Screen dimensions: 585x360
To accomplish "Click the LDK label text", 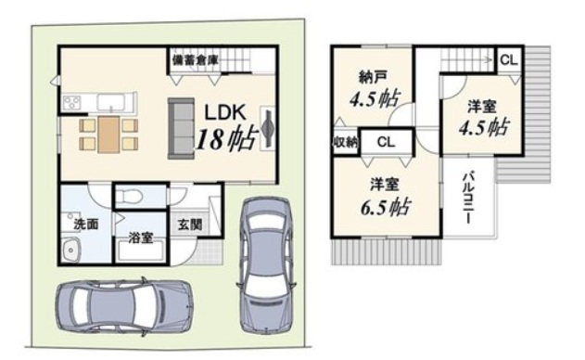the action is pyautogui.click(x=225, y=112).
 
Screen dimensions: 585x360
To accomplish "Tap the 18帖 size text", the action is pyautogui.click(x=227, y=139).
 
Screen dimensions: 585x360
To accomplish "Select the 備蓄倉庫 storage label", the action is pyautogui.click(x=195, y=59).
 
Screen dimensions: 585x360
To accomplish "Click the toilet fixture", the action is pyautogui.click(x=128, y=195).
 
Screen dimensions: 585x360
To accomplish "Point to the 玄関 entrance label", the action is pyautogui.click(x=189, y=225).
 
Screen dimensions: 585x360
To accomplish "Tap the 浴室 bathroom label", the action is pyautogui.click(x=141, y=238).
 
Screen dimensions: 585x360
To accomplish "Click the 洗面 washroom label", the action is pyautogui.click(x=86, y=224).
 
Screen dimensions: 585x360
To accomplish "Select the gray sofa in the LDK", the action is pyautogui.click(x=182, y=128).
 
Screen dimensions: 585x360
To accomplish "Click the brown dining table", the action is pyautogui.click(x=108, y=135).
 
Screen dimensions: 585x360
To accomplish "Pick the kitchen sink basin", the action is pyautogui.click(x=111, y=102).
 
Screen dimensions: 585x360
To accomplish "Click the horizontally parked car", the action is pyautogui.click(x=124, y=306).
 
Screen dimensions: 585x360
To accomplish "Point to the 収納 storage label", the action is pyautogui.click(x=346, y=142).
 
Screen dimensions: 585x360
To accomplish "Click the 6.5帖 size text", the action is pyautogui.click(x=385, y=208).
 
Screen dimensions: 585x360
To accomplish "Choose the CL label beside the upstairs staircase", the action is pyautogui.click(x=509, y=59).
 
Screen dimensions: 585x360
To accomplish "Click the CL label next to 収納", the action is pyautogui.click(x=386, y=142).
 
